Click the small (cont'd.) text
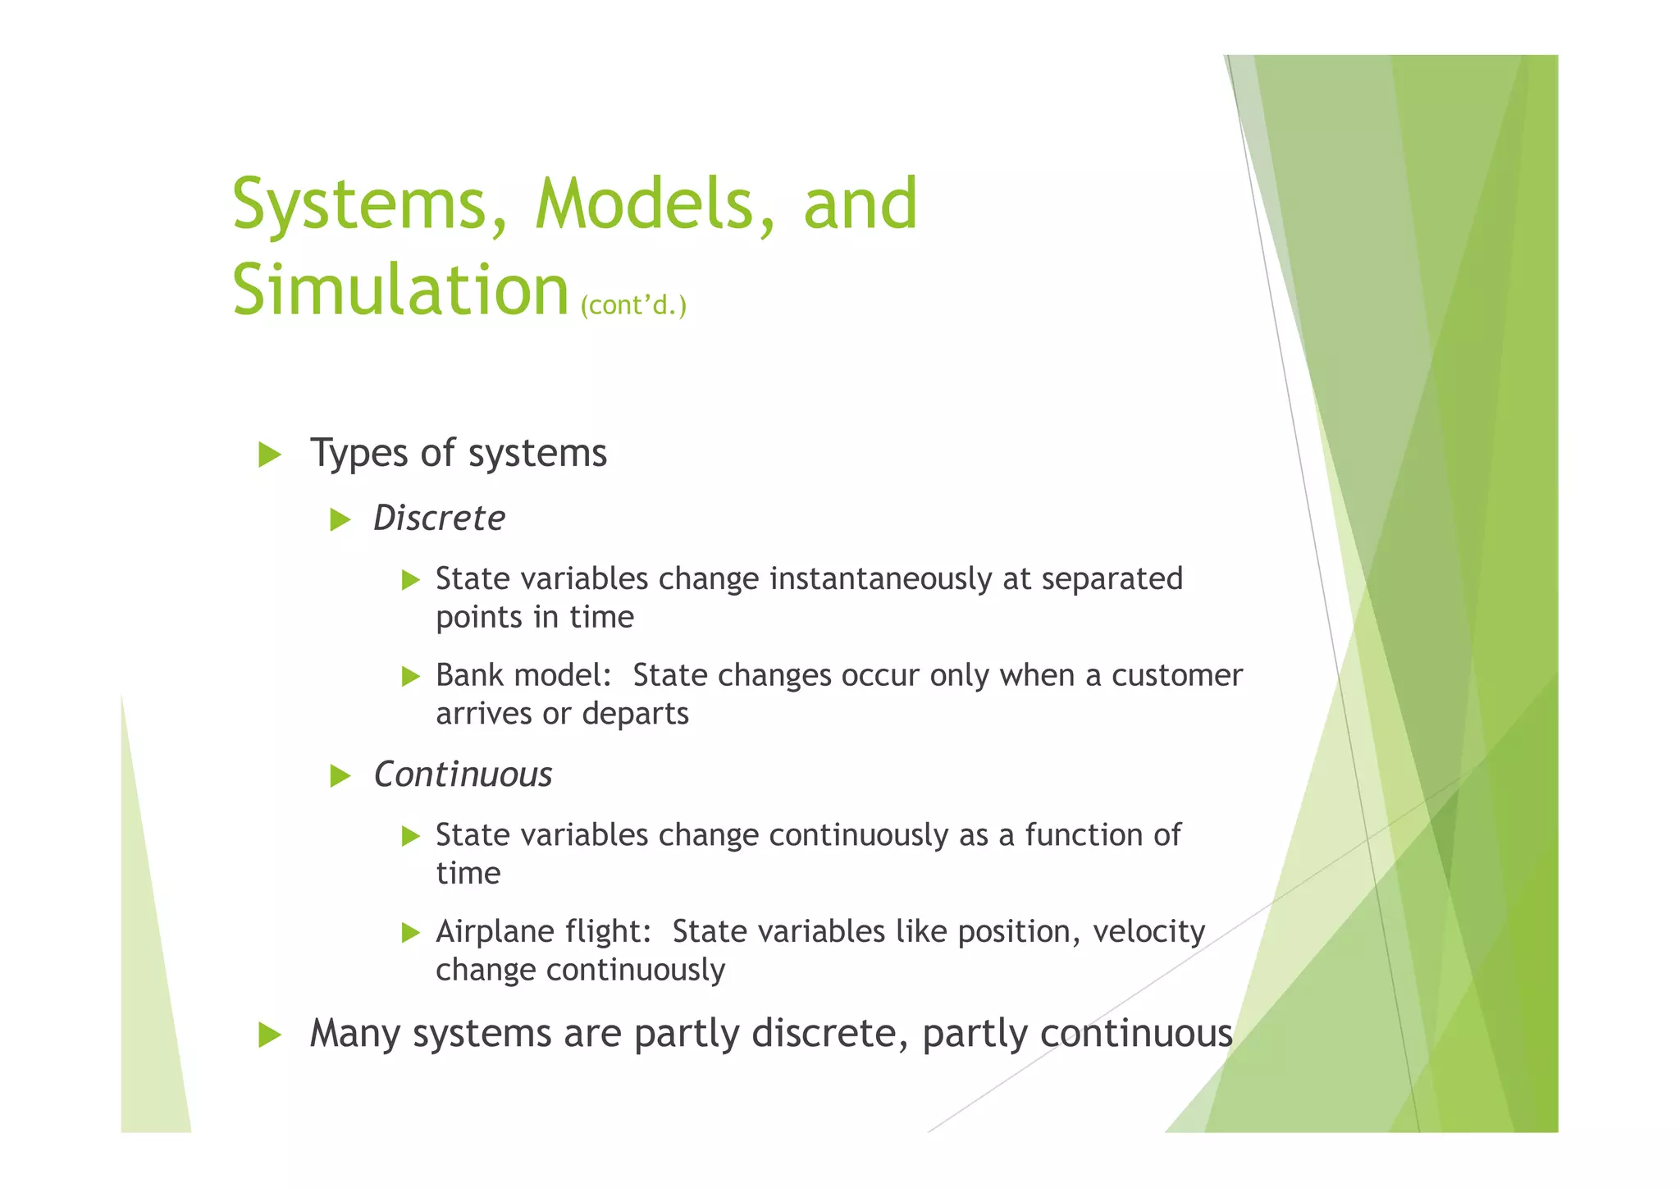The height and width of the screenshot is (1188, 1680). tap(633, 305)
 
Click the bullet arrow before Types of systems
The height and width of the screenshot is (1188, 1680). tap(270, 455)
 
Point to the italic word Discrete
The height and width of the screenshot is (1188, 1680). tap(439, 519)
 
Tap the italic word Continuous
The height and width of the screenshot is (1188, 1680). tap(463, 774)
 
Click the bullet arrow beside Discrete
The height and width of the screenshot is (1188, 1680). tap(340, 519)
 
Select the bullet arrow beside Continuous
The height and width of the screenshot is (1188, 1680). tap(340, 775)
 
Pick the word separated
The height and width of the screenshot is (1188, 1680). tap(1112, 579)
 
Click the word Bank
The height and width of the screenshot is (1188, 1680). tap(472, 675)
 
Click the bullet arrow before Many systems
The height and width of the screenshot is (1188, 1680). tap(270, 1035)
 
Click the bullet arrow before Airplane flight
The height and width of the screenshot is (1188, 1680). tap(411, 933)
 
